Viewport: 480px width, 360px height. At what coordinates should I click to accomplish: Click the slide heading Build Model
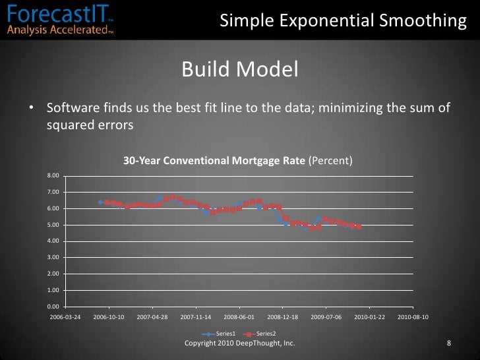[x=239, y=69]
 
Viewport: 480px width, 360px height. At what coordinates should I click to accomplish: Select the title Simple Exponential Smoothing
[x=343, y=21]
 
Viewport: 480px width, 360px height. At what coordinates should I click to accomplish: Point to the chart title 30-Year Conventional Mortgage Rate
[x=215, y=160]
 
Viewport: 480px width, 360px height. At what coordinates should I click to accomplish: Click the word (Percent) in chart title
[x=331, y=160]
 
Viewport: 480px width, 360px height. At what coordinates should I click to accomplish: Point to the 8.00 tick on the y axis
[x=53, y=175]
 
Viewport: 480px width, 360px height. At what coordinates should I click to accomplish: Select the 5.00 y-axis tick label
[x=53, y=225]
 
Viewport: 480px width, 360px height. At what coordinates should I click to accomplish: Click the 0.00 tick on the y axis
[x=53, y=307]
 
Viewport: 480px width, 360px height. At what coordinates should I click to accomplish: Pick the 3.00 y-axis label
[x=53, y=257]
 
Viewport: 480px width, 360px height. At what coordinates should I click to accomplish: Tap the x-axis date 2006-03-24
[x=66, y=317]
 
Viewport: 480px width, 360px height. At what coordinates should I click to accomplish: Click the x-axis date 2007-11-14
[x=196, y=317]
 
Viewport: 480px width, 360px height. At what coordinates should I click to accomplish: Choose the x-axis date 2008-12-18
[x=282, y=317]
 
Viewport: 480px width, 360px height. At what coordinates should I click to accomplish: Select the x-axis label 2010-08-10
[x=413, y=317]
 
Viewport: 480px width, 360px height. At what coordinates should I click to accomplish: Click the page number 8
[x=449, y=344]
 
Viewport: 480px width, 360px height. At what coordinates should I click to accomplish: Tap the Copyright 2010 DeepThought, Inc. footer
[x=239, y=344]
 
